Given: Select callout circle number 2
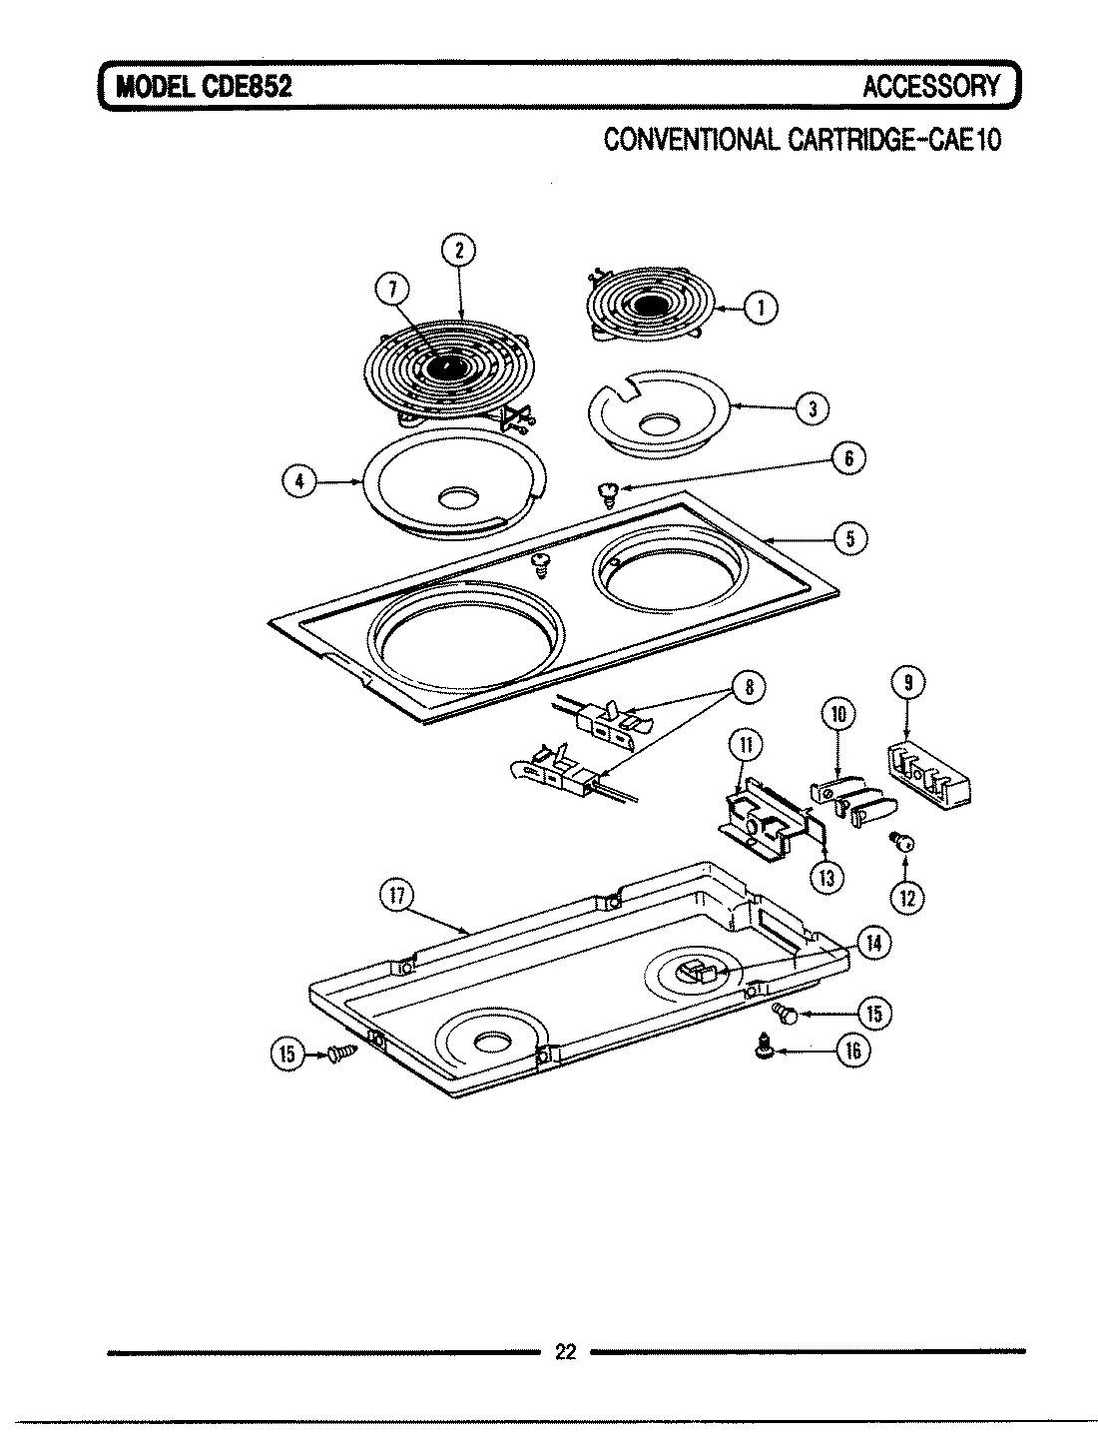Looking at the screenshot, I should (x=459, y=251).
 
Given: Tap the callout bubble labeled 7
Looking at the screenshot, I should (x=390, y=291).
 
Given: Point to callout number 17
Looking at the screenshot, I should (x=395, y=896).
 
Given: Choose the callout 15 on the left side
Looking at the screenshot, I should (x=288, y=1056).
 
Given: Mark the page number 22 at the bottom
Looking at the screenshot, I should (x=565, y=1353).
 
